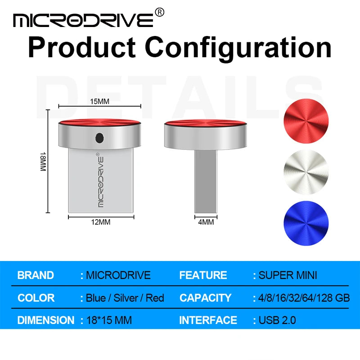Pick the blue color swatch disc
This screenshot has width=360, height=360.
click(306, 222)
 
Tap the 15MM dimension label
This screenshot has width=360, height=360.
click(99, 101)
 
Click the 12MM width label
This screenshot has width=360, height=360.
click(101, 222)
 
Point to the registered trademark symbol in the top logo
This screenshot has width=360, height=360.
click(159, 13)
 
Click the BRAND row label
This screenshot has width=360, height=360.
click(36, 275)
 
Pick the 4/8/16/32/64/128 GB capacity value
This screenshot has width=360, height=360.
click(304, 298)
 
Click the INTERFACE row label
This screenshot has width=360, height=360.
click(208, 320)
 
